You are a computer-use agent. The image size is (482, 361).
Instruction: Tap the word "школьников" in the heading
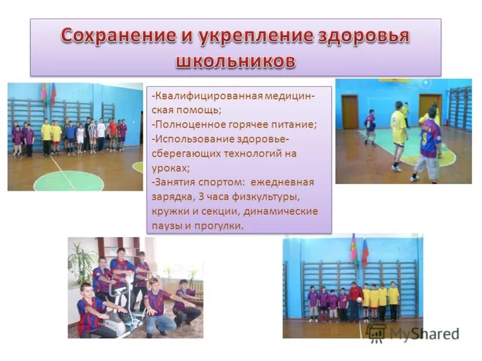[236, 61]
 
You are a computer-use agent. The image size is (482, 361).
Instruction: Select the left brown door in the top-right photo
[350, 112]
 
